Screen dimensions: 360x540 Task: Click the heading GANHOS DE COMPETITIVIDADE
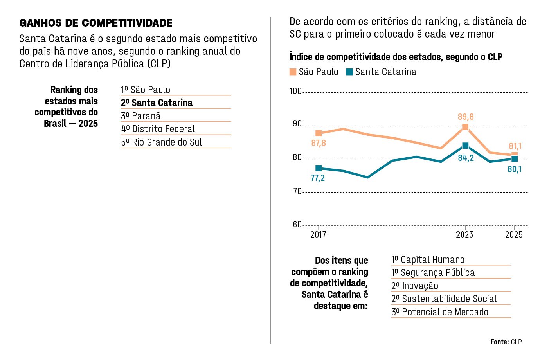point(96,23)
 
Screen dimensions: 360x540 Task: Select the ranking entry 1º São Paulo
point(146,90)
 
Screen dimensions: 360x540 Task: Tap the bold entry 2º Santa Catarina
point(157,103)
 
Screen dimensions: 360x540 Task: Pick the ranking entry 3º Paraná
point(141,116)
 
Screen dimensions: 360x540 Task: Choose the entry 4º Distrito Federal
point(158,129)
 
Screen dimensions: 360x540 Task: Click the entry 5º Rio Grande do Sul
point(161,142)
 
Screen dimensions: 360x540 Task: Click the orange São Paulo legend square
point(293,72)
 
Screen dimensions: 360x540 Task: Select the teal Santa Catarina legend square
point(349,72)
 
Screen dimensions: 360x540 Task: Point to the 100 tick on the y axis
point(295,91)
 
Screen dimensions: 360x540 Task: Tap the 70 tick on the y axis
point(297,191)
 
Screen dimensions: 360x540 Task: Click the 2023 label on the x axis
point(464,234)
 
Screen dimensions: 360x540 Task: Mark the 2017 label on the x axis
point(318,234)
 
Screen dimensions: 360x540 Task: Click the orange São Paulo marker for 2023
point(465,127)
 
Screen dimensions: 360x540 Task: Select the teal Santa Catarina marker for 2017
point(319,168)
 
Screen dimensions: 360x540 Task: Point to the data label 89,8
point(466,117)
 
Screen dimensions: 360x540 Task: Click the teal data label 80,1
point(514,169)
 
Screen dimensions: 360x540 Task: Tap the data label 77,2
point(318,178)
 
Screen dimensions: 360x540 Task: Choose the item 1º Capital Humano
point(428,260)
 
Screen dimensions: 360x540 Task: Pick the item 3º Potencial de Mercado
point(440,312)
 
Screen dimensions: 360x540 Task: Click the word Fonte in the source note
point(500,342)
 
